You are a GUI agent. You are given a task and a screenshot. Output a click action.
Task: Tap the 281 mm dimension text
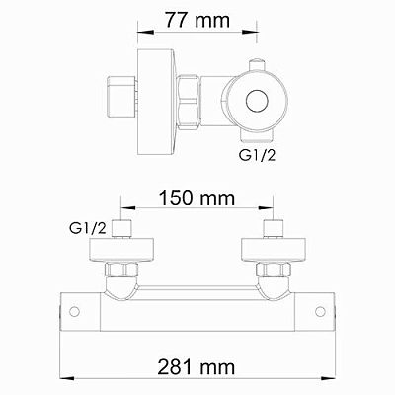click(x=197, y=367)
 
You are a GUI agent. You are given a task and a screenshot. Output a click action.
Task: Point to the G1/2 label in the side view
click(x=259, y=155)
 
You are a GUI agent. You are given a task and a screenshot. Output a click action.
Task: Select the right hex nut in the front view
click(x=271, y=268)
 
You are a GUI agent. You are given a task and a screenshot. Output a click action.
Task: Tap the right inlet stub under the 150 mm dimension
click(x=271, y=231)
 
